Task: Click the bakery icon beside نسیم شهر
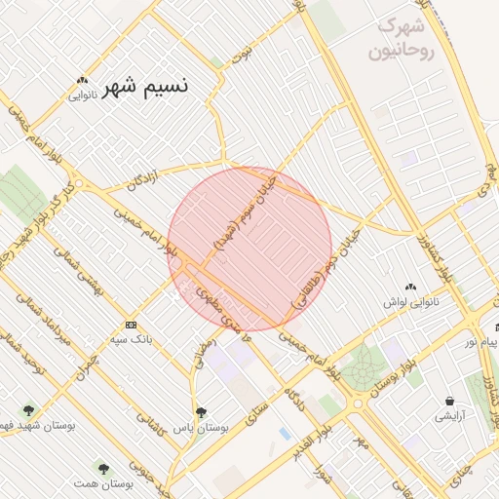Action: [x=83, y=81]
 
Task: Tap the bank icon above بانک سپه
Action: [x=131, y=324]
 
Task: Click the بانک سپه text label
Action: [x=130, y=338]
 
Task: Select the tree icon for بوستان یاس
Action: [x=201, y=412]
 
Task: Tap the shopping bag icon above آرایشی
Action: [x=449, y=401]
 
